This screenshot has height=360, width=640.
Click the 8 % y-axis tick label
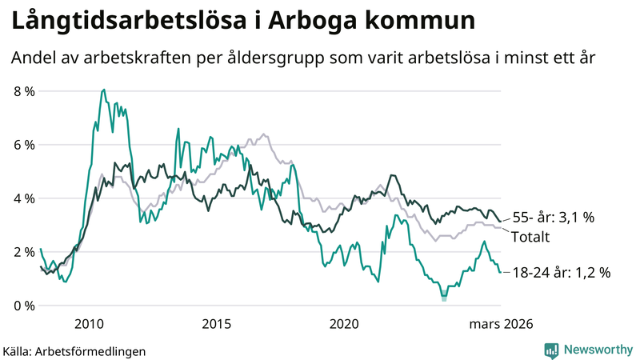pos(24,91)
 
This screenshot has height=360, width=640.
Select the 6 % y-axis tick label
pos(24,145)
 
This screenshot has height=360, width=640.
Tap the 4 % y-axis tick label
pos(24,198)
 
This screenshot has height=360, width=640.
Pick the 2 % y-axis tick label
pos(24,252)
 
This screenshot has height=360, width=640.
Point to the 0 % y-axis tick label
pos(24,306)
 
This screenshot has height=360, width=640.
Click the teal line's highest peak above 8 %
pos(104,90)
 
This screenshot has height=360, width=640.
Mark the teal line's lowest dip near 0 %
pos(444,298)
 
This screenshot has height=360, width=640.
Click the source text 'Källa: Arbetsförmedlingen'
pos(74,350)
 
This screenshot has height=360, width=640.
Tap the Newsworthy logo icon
pos(551,350)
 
